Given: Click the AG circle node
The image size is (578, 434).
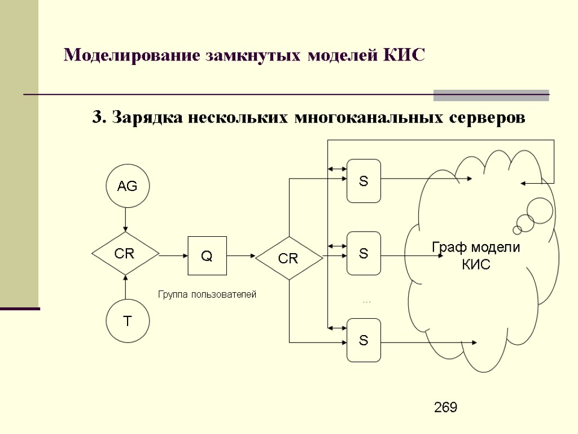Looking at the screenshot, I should pyautogui.click(x=128, y=186).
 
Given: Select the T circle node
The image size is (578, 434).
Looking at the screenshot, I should pyautogui.click(x=128, y=321).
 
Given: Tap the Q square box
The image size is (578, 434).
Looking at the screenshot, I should pyautogui.click(x=207, y=255).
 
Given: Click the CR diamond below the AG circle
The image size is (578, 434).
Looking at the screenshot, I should pyautogui.click(x=125, y=254).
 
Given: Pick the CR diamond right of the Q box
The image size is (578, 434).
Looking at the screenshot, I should pyautogui.click(x=289, y=258).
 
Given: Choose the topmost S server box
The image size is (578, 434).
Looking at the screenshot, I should pyautogui.click(x=364, y=181).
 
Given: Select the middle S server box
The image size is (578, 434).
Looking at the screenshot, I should pyautogui.click(x=364, y=253).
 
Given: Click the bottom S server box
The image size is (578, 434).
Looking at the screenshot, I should pyautogui.click(x=364, y=340).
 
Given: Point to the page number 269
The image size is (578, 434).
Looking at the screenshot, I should pyautogui.click(x=445, y=407).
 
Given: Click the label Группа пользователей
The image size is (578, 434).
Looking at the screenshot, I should pyautogui.click(x=207, y=294).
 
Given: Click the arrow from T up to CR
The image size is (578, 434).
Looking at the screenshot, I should pyautogui.click(x=125, y=288).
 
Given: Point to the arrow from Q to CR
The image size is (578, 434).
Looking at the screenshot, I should pyautogui.click(x=242, y=255).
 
